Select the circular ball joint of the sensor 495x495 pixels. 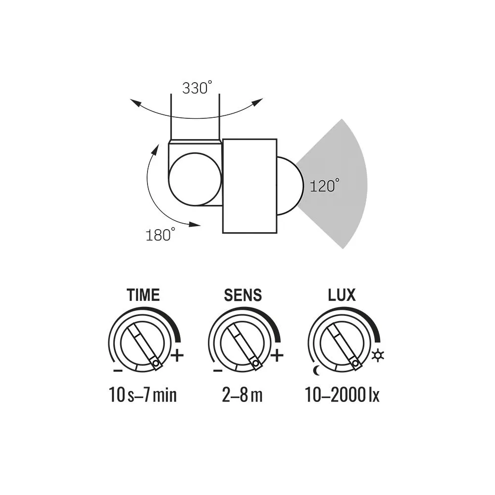[x=195, y=178]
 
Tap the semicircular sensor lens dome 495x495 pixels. [x=286, y=186]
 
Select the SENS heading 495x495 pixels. [x=243, y=295]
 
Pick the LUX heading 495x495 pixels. [x=342, y=295]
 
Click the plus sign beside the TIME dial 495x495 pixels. [x=177, y=355]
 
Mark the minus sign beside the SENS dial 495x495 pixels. [x=217, y=370]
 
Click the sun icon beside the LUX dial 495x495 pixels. [x=378, y=354]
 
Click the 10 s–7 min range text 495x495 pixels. [x=143, y=396]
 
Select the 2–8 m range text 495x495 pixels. [x=242, y=396]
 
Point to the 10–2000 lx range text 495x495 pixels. [x=342, y=396]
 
